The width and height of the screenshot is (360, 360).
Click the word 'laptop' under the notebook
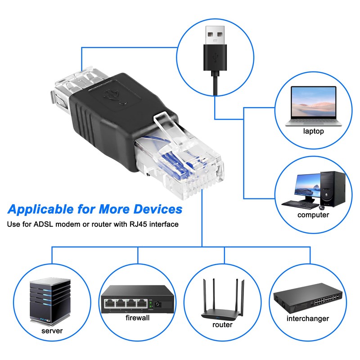tap(313, 131)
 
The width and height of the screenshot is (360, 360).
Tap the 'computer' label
tap(313, 215)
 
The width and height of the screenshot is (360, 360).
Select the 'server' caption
tap(52, 331)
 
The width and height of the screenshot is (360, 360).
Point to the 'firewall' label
tap(138, 318)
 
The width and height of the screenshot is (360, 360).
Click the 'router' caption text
tap(222, 324)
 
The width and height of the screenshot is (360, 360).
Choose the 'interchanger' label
tap(308, 319)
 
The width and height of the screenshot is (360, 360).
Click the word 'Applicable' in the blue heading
tap(40, 210)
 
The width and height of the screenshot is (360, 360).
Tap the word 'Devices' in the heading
tap(158, 209)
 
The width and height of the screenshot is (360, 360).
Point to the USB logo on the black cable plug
tap(215, 58)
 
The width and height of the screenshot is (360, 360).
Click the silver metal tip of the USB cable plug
tap(215, 35)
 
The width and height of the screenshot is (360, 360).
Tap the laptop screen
tap(313, 102)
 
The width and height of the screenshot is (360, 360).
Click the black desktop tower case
tap(333, 189)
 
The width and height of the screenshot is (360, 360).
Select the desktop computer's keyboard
tap(300, 204)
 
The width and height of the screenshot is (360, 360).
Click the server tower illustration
tap(50, 301)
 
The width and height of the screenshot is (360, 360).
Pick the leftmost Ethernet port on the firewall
tap(110, 304)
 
